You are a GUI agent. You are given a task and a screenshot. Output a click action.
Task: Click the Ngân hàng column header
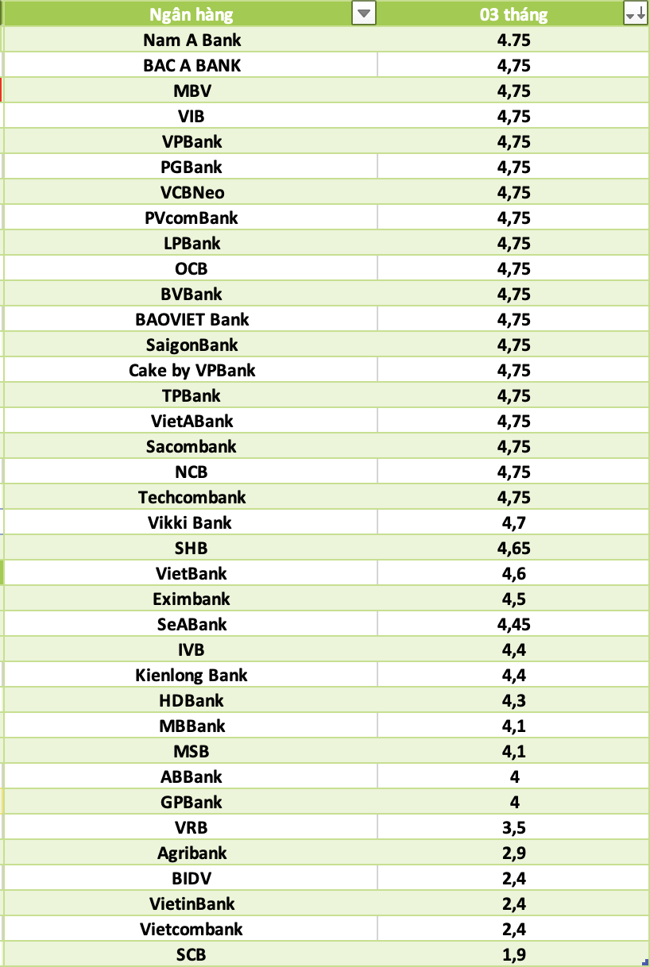pyautogui.click(x=192, y=14)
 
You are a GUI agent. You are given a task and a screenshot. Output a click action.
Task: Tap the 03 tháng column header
pyautogui.click(x=513, y=14)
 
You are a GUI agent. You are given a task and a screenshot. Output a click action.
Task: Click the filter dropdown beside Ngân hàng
pyautogui.click(x=363, y=13)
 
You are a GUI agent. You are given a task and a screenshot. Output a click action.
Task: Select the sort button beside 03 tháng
pyautogui.click(x=635, y=13)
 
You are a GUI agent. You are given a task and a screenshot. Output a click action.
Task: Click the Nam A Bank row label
pyautogui.click(x=192, y=40)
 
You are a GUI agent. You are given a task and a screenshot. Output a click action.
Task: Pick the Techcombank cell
pyautogui.click(x=192, y=497)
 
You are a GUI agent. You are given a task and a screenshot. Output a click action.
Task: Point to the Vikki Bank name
pyautogui.click(x=192, y=522)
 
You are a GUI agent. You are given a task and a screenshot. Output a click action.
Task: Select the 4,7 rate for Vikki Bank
pyautogui.click(x=513, y=522)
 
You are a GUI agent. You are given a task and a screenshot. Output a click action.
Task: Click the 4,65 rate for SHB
pyautogui.click(x=513, y=548)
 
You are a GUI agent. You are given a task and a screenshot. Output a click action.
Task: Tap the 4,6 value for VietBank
pyautogui.click(x=513, y=573)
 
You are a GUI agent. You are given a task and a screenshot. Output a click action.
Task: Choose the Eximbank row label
pyautogui.click(x=192, y=599)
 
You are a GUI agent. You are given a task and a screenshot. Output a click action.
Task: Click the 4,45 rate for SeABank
pyautogui.click(x=513, y=624)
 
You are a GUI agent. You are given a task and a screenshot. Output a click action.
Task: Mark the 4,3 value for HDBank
pyautogui.click(x=513, y=700)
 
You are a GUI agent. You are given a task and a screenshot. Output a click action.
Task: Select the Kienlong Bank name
pyautogui.click(x=192, y=675)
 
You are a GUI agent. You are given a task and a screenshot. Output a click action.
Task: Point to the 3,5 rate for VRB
pyautogui.click(x=513, y=827)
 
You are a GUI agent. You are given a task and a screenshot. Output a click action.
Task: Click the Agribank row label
pyautogui.click(x=192, y=853)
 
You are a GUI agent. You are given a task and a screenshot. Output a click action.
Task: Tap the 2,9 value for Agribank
pyautogui.click(x=513, y=853)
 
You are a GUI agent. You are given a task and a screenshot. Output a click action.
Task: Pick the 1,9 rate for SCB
pyautogui.click(x=513, y=954)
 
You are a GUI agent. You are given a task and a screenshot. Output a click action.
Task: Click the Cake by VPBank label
pyautogui.click(x=192, y=370)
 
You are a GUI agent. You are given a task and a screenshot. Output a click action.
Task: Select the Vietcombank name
pyautogui.click(x=192, y=929)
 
